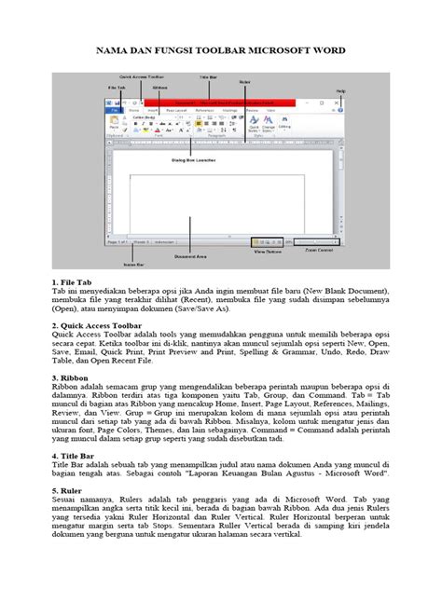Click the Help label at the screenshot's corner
(341, 90)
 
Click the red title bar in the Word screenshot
(233, 102)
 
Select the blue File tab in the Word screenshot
(115, 110)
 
